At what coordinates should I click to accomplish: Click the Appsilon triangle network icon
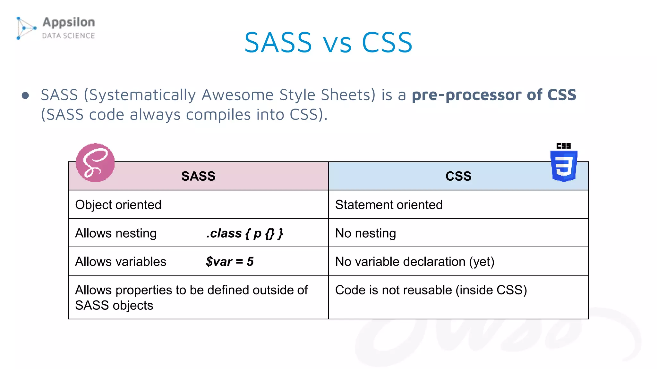[x=26, y=28]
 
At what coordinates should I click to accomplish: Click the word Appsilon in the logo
[x=69, y=22]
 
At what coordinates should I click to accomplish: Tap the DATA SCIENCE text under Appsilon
[x=68, y=36]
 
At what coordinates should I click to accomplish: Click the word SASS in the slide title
[x=278, y=43]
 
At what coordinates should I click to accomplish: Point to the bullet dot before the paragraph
[x=25, y=95]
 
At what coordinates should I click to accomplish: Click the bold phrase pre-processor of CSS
[x=494, y=95]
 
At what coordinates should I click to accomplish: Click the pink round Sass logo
[x=95, y=163]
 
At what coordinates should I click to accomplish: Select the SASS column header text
[x=198, y=176]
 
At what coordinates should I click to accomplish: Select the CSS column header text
[x=458, y=176]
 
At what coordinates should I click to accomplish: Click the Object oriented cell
[x=118, y=205]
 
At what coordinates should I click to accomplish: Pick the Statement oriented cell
[x=388, y=205]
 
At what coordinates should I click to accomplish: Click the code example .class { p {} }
[x=244, y=233]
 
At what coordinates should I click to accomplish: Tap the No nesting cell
[x=365, y=233]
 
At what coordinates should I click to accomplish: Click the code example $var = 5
[x=230, y=262]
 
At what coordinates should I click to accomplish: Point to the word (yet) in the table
[x=482, y=262]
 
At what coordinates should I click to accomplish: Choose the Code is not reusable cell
[x=431, y=290]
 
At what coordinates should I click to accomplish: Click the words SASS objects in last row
[x=114, y=305]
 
